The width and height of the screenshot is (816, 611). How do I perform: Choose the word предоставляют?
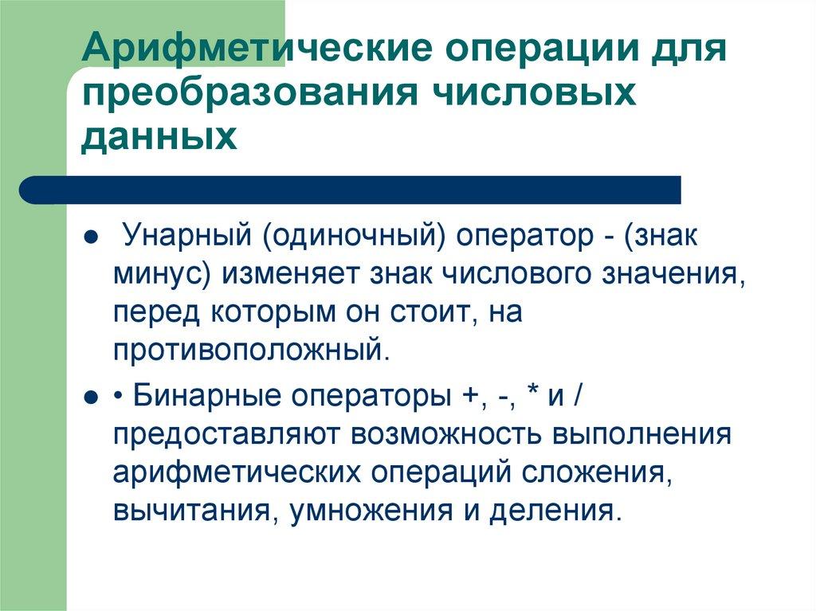pos(228,435)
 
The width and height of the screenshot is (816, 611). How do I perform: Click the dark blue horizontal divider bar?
pos(351,190)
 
